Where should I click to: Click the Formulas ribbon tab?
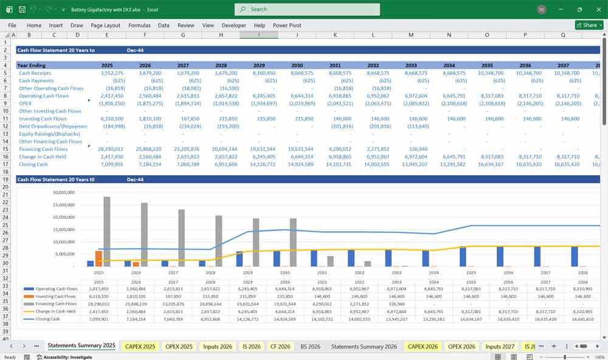139,26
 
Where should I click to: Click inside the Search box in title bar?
307,9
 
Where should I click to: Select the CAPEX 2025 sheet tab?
140,346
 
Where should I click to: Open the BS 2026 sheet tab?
311,346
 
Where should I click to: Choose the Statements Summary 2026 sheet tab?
364,346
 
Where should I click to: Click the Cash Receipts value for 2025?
108,73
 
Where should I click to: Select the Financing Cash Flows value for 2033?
410,149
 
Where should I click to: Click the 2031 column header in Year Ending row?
335,65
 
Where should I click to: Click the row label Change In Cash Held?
44,156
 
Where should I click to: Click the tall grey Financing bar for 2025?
107,232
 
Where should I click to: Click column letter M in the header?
411,35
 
